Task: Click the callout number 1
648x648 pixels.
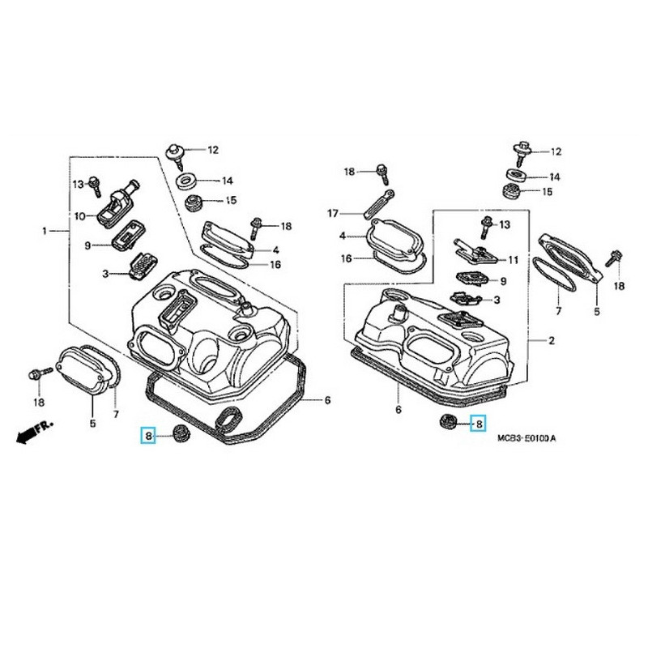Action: click(45, 231)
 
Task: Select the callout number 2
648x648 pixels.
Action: click(551, 340)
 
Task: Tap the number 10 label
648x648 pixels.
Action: click(80, 216)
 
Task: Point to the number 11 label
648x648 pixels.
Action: click(513, 260)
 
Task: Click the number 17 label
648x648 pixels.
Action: click(332, 214)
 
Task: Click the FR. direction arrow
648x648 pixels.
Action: click(32, 433)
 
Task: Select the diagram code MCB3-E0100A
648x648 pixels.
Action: click(526, 438)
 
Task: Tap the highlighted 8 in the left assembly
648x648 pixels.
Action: click(148, 437)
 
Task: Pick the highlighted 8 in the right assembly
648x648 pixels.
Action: click(478, 423)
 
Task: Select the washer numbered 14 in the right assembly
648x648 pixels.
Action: click(513, 175)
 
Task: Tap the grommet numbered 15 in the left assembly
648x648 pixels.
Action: click(194, 200)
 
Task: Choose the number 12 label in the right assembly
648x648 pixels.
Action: click(556, 152)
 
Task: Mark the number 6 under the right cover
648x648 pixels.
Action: click(399, 411)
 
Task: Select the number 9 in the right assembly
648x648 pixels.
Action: click(503, 281)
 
